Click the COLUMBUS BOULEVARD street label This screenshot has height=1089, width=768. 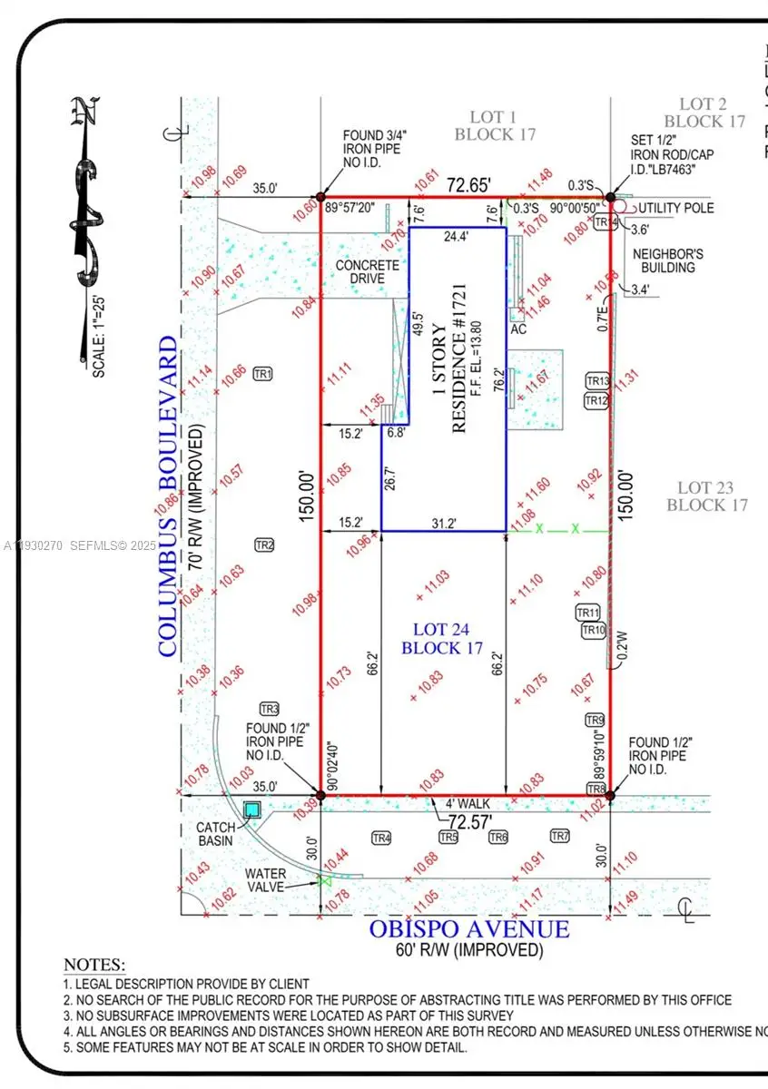pos(168,496)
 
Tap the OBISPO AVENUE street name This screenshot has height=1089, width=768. pos(469,929)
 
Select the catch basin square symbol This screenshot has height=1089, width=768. pos(251,809)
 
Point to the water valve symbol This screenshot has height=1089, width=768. pos(325,878)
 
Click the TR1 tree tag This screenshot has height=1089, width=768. pos(263,374)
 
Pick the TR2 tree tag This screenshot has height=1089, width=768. pos(263,545)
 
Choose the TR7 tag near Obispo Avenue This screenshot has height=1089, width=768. pos(560,836)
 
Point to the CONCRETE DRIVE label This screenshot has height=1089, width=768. pos(367,271)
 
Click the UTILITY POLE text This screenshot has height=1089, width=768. pos(675,208)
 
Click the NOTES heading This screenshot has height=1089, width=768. pos(94,965)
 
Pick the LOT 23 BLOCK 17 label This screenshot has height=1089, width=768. pos(706,496)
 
